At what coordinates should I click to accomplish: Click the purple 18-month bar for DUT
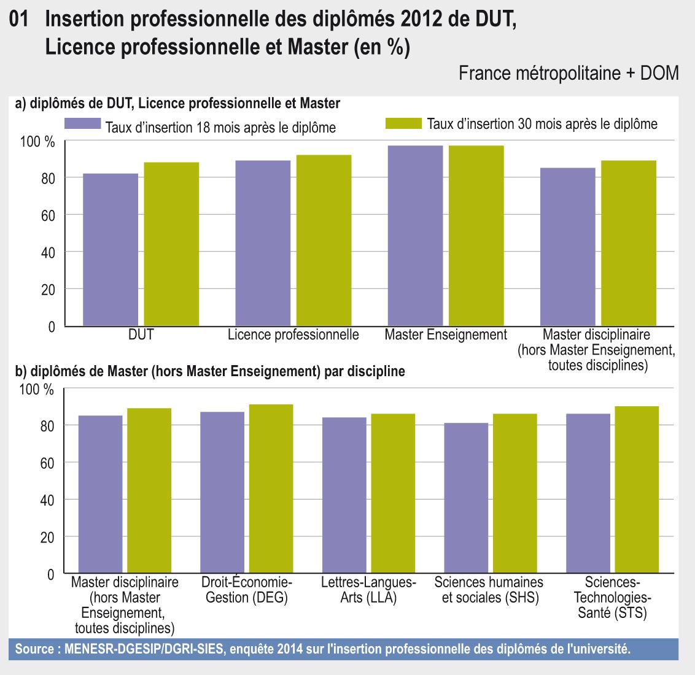pos(111,250)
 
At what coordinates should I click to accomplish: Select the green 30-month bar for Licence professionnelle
pos(324,241)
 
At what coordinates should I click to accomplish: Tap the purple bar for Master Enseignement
pos(415,236)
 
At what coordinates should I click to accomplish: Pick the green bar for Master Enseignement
pos(476,236)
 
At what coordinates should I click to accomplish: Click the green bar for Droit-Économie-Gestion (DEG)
pos(271,489)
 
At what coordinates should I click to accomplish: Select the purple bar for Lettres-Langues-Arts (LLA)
pos(344,495)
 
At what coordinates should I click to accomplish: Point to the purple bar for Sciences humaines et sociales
pos(466,498)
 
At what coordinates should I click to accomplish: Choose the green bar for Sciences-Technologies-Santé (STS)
pos(637,490)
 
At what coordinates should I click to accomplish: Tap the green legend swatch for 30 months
pos(403,123)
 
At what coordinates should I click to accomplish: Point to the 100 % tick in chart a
pos(38,142)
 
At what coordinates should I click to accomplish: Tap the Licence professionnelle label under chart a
pos(293,335)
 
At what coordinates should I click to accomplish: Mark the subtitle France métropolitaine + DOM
pos(568,74)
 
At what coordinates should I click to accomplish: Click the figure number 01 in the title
pos(20,21)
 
